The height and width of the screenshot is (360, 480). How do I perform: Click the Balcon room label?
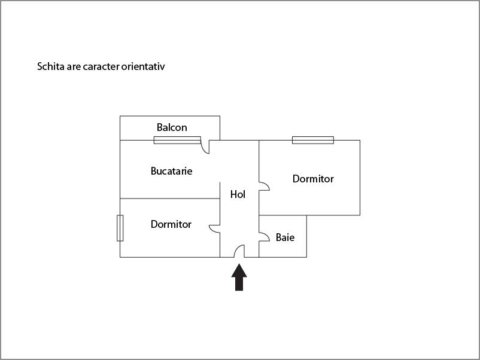172,127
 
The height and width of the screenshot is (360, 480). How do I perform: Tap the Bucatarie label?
171,171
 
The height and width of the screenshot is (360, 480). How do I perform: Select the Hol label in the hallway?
238,194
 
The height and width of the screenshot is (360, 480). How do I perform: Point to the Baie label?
285,237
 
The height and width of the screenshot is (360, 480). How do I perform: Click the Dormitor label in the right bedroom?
313,179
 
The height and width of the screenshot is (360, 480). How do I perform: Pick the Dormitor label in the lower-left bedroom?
171,224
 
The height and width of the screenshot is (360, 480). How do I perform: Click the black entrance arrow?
239,277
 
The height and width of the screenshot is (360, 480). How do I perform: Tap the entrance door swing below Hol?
239,252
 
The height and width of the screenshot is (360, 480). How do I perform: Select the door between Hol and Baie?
264,234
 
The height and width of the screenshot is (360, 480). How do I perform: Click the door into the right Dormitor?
264,186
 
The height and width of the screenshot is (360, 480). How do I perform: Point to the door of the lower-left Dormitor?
214,228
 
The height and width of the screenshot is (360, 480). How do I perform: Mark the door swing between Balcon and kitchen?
205,147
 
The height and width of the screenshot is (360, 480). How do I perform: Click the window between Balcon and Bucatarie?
177,140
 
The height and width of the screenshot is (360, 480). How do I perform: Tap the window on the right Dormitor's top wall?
312,140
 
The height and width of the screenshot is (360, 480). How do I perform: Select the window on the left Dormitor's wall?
120,228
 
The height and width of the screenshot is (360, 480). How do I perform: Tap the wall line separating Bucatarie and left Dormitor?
170,199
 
